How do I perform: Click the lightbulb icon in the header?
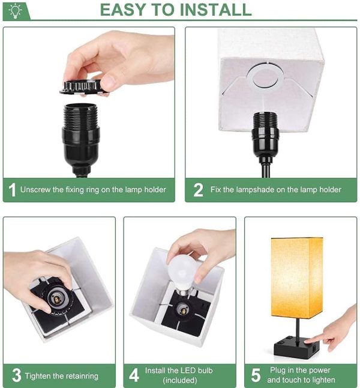pos(16,11)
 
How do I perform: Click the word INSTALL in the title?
pos(215,10)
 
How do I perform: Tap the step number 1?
pos(12,190)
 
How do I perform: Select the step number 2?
pos(198,190)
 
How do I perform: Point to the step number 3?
pos(17,375)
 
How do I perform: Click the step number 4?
pos(134,375)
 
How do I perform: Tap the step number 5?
pos(256,375)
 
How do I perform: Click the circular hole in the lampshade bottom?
pos(265,76)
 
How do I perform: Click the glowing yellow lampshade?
pos(297,277)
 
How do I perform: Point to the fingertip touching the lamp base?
pos(307,342)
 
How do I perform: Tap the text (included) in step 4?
pos(180,380)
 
